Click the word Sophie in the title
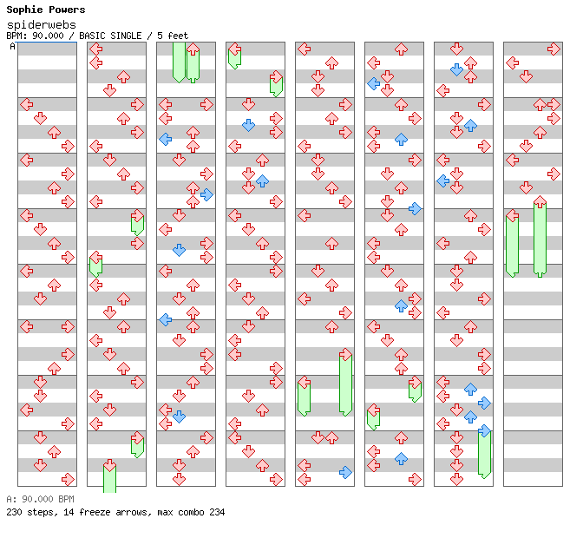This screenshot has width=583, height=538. tap(23, 10)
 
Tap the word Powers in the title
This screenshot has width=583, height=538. tap(66, 10)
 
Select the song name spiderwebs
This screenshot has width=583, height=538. tap(41, 25)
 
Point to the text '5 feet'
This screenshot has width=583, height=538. tap(173, 36)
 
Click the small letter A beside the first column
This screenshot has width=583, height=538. tap(13, 47)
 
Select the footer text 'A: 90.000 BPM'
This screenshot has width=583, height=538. tap(40, 499)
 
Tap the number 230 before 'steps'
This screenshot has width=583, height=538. tap(16, 512)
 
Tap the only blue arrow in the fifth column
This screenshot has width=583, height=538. tap(345, 472)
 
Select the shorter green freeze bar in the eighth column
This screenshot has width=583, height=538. tap(512, 244)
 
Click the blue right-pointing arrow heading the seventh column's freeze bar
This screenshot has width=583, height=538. tap(484, 430)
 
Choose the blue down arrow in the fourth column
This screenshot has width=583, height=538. tap(248, 125)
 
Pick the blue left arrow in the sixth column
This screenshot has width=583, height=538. tap(373, 83)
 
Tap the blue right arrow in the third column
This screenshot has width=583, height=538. tap(206, 194)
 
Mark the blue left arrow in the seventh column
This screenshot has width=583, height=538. tap(442, 180)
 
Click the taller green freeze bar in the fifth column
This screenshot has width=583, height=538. tap(345, 384)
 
